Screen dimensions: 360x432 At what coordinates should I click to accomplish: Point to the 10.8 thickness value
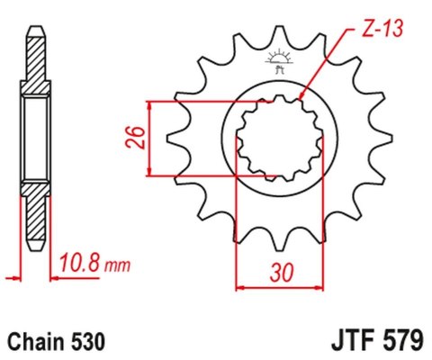click(x=82, y=265)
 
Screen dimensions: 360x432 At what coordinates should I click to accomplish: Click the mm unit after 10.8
click(x=117, y=266)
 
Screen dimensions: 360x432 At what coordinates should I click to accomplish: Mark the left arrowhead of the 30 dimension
click(x=239, y=289)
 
